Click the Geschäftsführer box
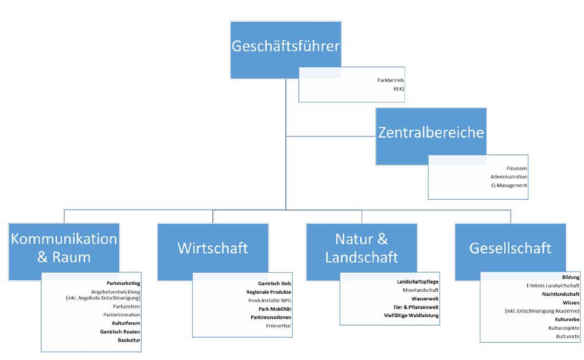(x=286, y=46)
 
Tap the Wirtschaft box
(x=213, y=248)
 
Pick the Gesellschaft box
(x=510, y=248)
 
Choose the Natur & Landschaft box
(x=361, y=248)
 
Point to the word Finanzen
(x=516, y=167)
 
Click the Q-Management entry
(x=509, y=185)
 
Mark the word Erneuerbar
(x=279, y=326)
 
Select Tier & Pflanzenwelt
(x=416, y=307)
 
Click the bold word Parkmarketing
(x=123, y=283)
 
